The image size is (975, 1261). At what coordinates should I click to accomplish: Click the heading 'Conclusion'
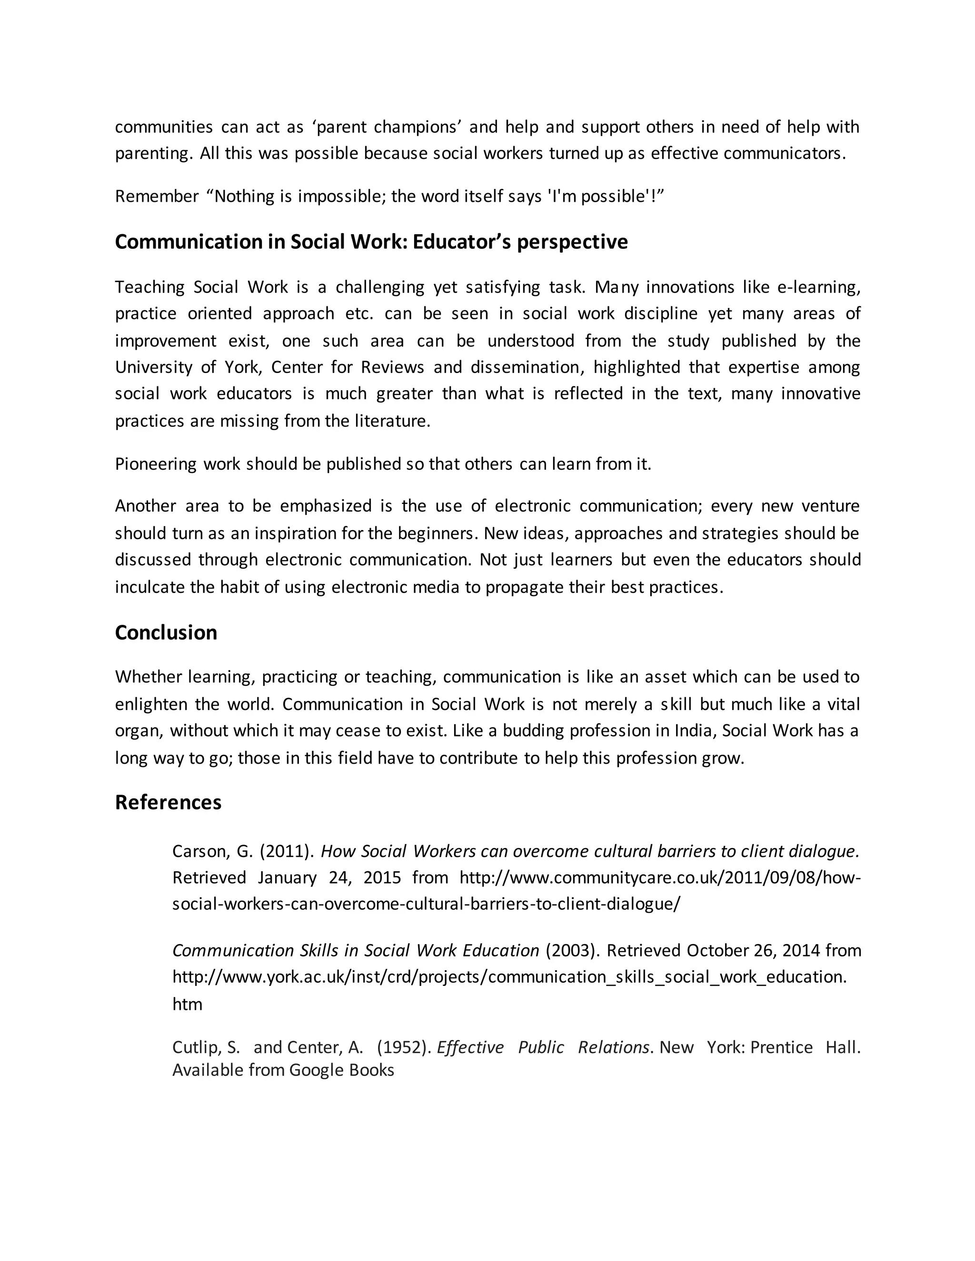click(x=166, y=633)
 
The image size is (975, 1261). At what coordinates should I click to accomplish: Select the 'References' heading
click(x=168, y=803)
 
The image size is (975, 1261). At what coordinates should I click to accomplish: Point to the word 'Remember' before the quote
click(x=157, y=197)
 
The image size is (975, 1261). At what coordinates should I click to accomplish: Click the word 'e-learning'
click(x=818, y=287)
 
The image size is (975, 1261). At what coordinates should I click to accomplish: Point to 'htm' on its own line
click(x=187, y=1005)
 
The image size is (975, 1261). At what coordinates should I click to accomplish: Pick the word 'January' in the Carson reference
click(x=287, y=877)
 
